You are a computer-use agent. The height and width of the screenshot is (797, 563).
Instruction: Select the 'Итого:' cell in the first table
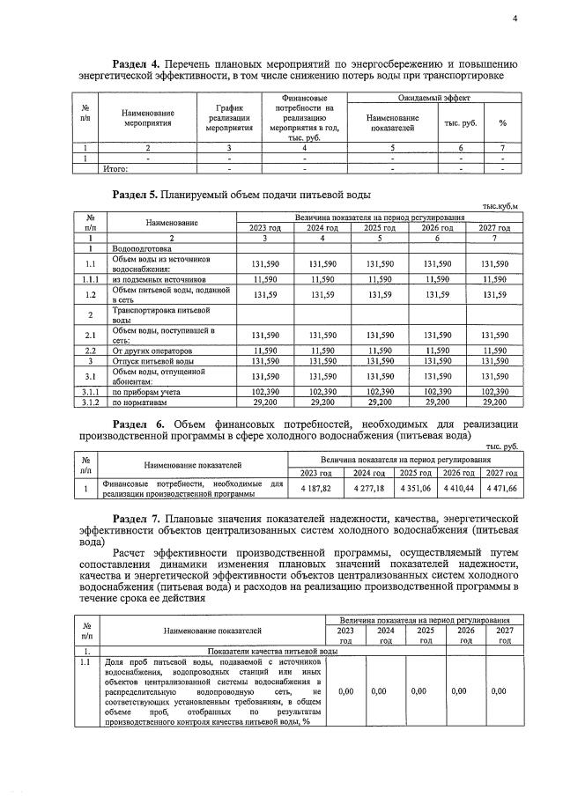click(x=116, y=169)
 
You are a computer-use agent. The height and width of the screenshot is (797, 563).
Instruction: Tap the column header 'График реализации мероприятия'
click(x=229, y=117)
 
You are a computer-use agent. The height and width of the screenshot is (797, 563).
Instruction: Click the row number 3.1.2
click(x=90, y=401)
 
